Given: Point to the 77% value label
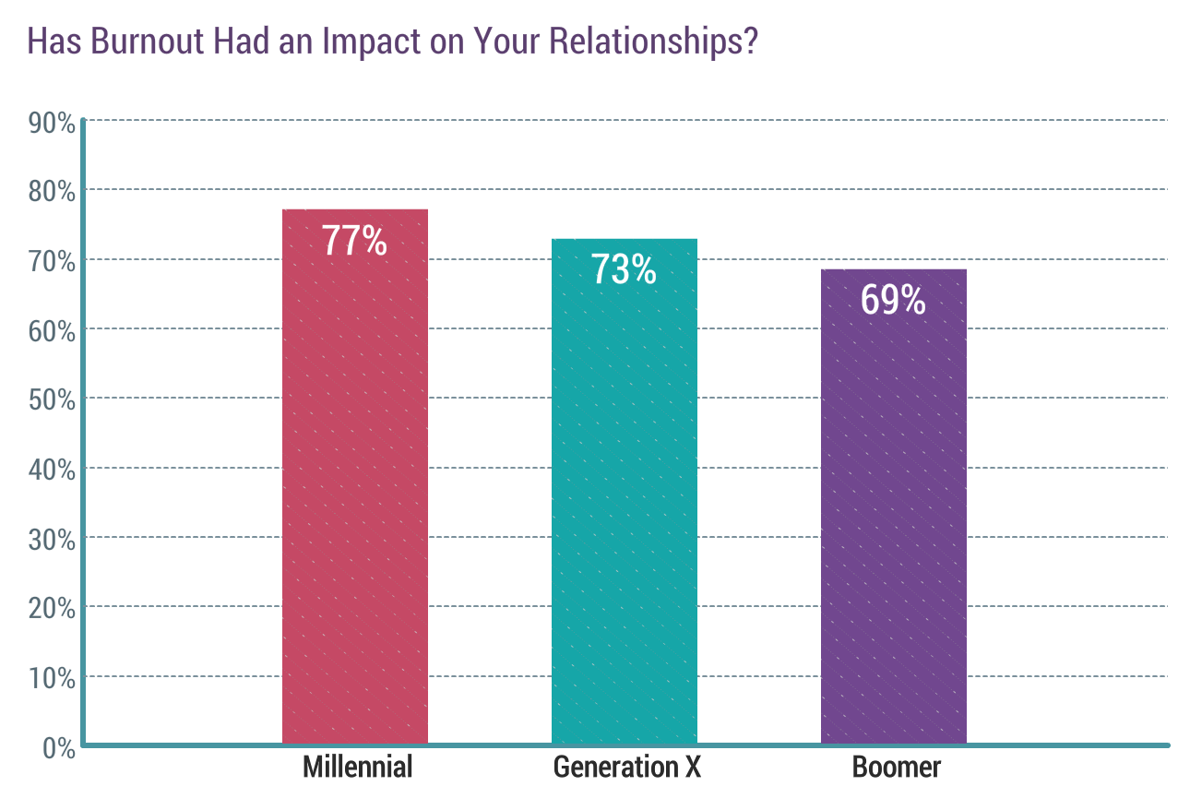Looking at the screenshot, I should click(x=355, y=241).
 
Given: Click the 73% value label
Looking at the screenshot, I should click(x=625, y=270).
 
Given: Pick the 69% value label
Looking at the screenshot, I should click(x=894, y=300).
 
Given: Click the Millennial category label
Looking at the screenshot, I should click(x=358, y=767).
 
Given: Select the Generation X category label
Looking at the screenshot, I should click(x=627, y=767).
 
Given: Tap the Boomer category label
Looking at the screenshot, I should click(x=897, y=767).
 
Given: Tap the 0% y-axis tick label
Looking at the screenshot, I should click(x=58, y=747).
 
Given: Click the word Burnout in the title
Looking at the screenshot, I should click(x=131, y=42).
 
